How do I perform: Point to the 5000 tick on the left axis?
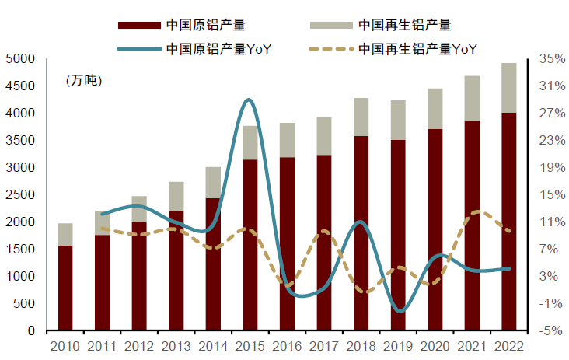click(21, 59)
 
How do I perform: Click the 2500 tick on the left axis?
click(21, 195)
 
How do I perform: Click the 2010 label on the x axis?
click(65, 346)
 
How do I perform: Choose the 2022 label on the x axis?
click(508, 346)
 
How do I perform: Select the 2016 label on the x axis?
click(287, 346)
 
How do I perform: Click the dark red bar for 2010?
click(65, 288)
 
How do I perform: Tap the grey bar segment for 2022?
click(508, 88)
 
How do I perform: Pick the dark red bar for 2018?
click(361, 233)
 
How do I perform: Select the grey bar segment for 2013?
click(176, 196)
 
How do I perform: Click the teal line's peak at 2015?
click(249, 100)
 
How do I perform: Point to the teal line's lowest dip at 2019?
click(399, 311)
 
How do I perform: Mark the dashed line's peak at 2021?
click(479, 211)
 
